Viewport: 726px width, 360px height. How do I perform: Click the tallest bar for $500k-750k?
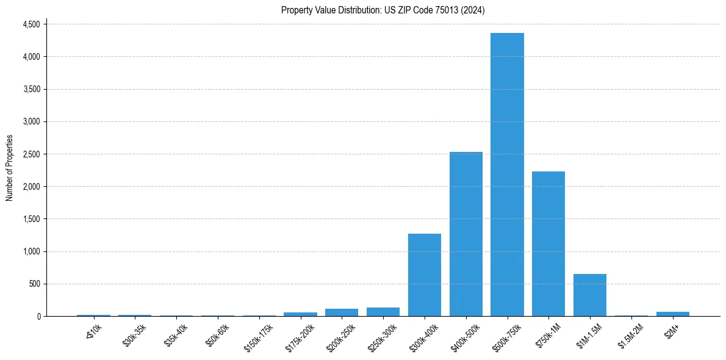click(507, 175)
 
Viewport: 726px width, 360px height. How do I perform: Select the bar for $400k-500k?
click(466, 234)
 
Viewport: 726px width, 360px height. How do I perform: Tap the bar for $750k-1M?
click(548, 244)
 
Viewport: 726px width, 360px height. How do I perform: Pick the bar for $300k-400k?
click(425, 275)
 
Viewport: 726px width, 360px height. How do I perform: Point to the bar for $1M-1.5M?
click(590, 295)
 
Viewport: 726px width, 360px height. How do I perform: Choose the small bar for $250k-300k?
click(383, 312)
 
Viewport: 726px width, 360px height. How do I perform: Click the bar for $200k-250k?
click(342, 312)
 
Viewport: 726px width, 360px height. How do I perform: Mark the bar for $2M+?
click(673, 314)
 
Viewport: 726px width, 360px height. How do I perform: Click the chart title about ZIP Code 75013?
click(383, 10)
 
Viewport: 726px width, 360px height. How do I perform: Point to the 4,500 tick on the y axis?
click(31, 24)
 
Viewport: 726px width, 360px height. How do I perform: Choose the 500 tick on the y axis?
click(34, 284)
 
